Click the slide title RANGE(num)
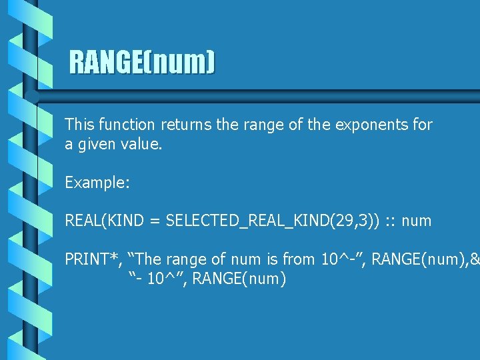[143, 63]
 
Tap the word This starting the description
[80, 124]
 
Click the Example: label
[97, 182]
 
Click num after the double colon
[417, 221]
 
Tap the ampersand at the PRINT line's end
[475, 259]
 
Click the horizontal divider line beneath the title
[260, 94]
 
